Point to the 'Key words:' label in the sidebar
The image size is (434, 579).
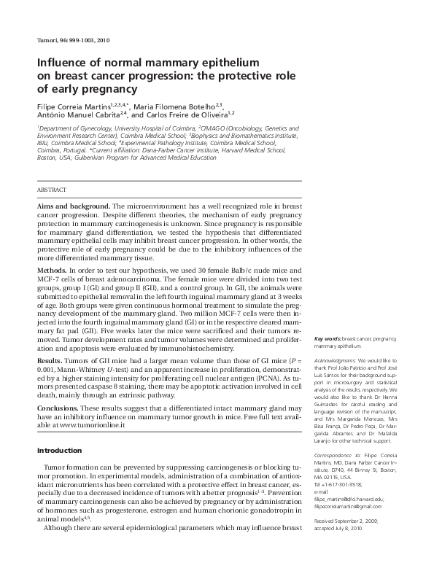click(327, 339)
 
